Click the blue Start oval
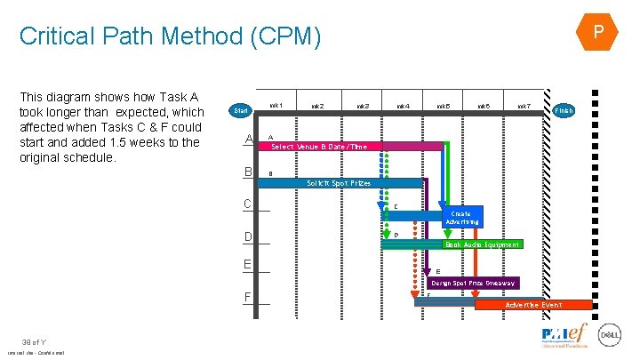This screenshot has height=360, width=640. (240, 111)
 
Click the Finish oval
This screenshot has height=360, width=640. (564, 110)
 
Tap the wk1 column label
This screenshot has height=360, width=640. (276, 106)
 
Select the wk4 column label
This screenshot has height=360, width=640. (403, 107)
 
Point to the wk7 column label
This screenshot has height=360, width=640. (524, 107)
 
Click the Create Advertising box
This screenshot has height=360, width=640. (462, 218)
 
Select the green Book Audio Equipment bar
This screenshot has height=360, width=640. (481, 244)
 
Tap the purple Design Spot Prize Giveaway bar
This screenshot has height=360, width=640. (473, 284)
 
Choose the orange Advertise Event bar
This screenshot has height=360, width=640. (532, 305)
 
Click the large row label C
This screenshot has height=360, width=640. (248, 204)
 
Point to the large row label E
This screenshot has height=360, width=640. (248, 264)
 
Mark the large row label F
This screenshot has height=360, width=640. (248, 295)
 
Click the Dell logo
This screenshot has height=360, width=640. (610, 335)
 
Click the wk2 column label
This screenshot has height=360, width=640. (317, 107)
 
